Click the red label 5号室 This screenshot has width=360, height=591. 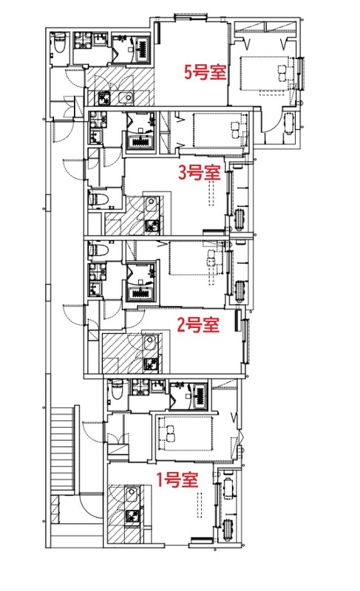205,72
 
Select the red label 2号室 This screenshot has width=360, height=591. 198,324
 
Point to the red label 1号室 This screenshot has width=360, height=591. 177,479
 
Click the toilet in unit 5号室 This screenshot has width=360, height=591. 60,43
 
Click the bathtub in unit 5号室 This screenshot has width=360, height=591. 143,49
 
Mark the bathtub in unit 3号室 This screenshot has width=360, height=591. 141,142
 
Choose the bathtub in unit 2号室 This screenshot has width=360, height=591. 141,293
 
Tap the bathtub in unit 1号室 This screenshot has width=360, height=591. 200,396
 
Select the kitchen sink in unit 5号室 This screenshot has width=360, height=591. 126,98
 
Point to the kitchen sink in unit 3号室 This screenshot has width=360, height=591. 152,205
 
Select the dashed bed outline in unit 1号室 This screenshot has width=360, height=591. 185,434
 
